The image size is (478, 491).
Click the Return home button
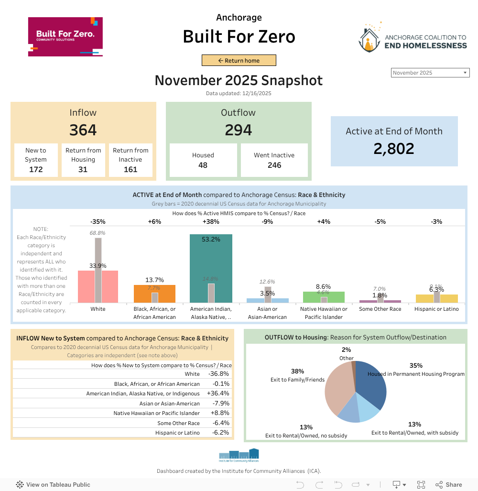tap(239, 61)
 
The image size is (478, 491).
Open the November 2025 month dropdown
tap(430, 73)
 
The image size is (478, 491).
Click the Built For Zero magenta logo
tap(65, 37)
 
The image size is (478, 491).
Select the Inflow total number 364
tap(83, 130)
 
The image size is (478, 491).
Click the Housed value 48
tap(203, 165)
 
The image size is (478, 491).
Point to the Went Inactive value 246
tap(274, 165)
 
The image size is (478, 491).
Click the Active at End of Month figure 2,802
tap(394, 149)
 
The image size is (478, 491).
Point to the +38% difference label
tap(211, 221)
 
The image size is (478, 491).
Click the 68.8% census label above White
tap(98, 233)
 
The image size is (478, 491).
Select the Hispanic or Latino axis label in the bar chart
tap(436, 309)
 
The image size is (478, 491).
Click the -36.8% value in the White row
tap(219, 374)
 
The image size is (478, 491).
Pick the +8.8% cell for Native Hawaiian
tap(219, 413)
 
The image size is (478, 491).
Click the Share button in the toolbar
tap(449, 484)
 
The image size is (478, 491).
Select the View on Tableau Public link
tap(53, 484)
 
